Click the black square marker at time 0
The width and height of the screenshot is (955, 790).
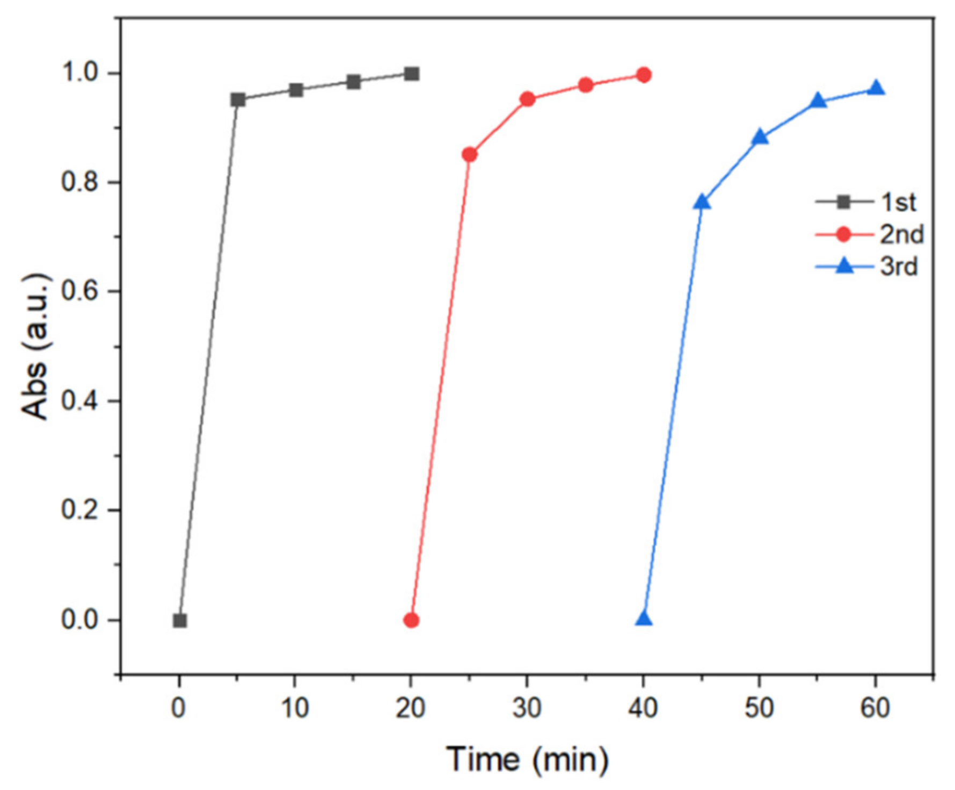click(180, 621)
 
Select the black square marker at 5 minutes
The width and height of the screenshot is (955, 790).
click(238, 99)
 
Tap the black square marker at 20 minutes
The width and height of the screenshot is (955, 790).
click(412, 74)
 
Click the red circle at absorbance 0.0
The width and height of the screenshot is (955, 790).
click(411, 620)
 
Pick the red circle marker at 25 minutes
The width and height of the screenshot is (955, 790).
click(470, 155)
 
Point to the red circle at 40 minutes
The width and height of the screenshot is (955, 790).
click(644, 75)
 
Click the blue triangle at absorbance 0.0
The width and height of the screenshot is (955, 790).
click(644, 619)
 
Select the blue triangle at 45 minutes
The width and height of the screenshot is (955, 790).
click(702, 202)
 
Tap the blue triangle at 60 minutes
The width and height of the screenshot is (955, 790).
click(876, 88)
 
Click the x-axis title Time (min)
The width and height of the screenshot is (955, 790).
click(527, 759)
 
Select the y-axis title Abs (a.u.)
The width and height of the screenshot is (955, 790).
click(35, 346)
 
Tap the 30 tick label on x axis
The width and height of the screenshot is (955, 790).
click(527, 708)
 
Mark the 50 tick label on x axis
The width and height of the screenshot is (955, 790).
click(759, 708)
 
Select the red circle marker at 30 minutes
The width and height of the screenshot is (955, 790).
click(528, 99)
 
